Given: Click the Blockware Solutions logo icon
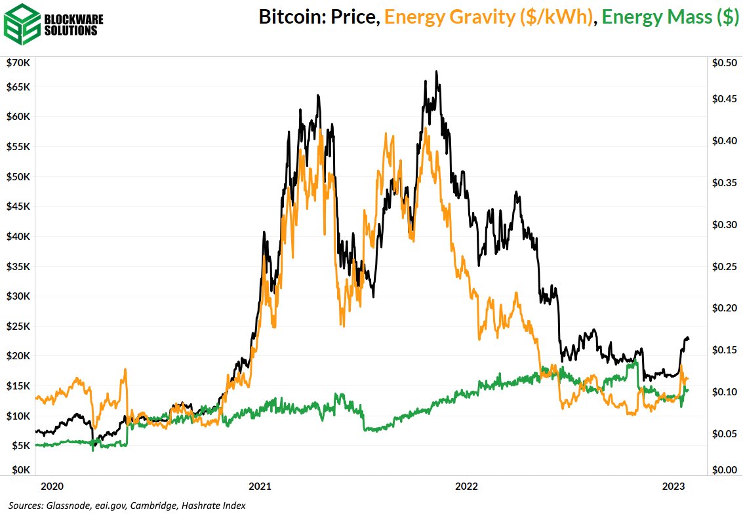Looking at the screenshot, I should click(x=20, y=22).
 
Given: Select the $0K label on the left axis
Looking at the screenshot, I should click(x=20, y=469).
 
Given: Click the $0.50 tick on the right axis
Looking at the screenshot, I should click(x=724, y=62).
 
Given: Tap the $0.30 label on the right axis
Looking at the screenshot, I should click(x=724, y=225).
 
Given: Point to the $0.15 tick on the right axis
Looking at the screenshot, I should click(x=724, y=350).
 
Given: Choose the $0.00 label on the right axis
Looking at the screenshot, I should click(x=724, y=469).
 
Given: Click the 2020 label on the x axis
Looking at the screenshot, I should click(x=52, y=486).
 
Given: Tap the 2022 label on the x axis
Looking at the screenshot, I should click(x=466, y=486).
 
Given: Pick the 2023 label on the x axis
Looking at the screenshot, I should click(x=674, y=486).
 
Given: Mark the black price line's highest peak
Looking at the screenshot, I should click(x=437, y=71).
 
